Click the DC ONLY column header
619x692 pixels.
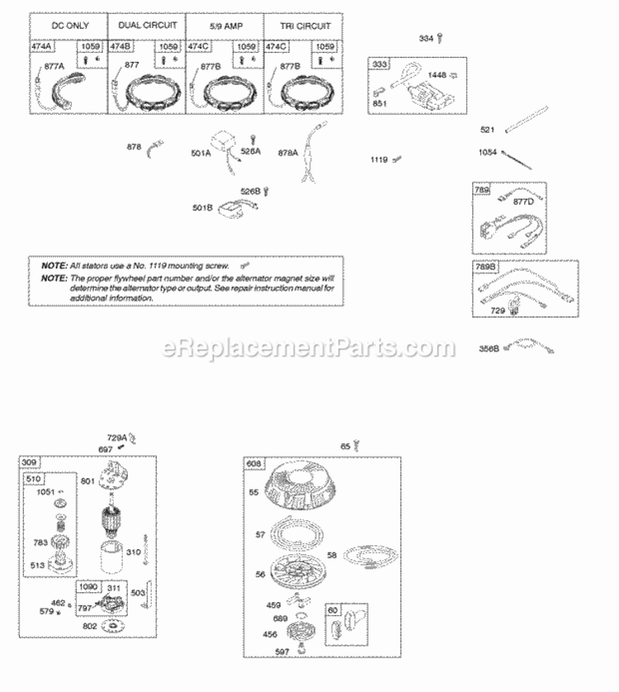(68, 26)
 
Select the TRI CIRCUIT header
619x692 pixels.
(303, 26)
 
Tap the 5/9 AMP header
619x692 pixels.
(224, 26)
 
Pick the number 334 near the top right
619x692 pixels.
(426, 38)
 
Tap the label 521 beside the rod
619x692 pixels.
(489, 130)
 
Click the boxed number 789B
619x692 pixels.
(484, 267)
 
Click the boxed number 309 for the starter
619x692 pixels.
(30, 461)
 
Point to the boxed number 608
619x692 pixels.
(253, 463)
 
